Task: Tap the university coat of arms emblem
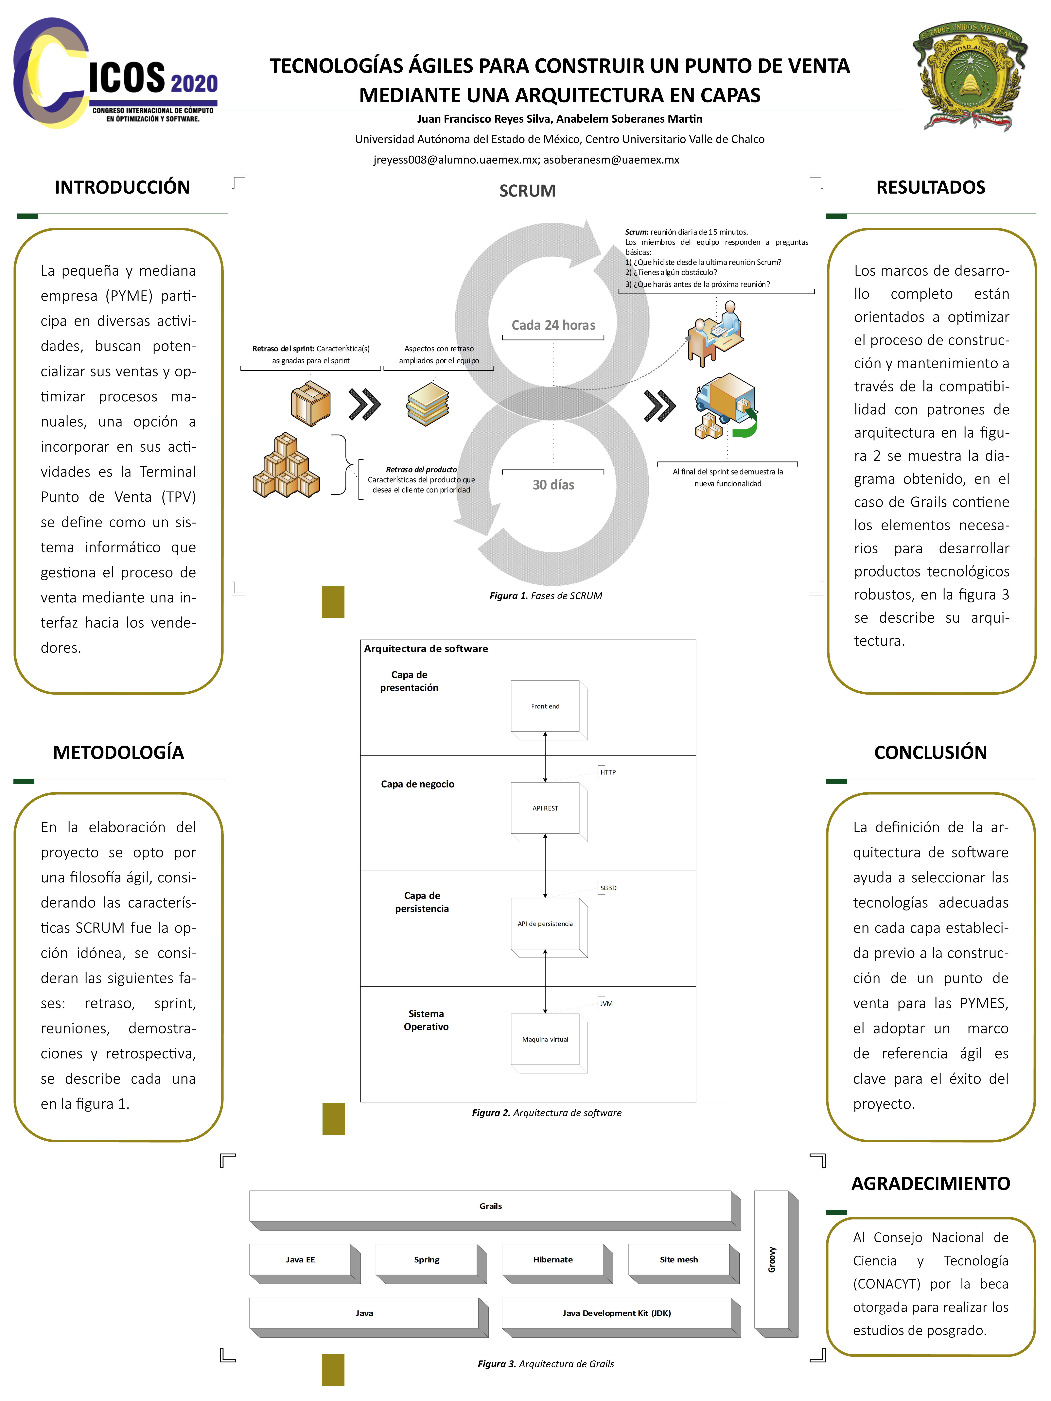pyautogui.click(x=969, y=76)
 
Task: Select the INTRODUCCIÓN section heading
pyautogui.click(x=122, y=187)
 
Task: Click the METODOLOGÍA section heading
pyautogui.click(x=118, y=752)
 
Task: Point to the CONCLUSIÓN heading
pyautogui.click(x=931, y=752)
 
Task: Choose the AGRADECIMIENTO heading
pyautogui.click(x=931, y=1184)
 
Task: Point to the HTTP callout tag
pyautogui.click(x=607, y=772)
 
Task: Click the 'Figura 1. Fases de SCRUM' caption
pyautogui.click(x=545, y=595)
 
